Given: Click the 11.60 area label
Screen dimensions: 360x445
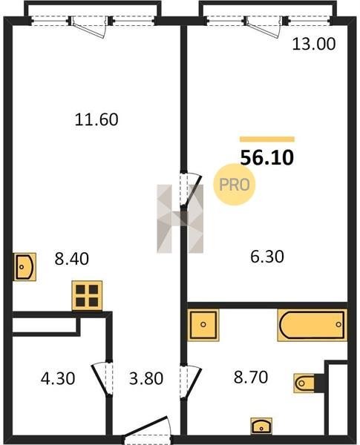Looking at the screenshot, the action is pyautogui.click(x=96, y=119).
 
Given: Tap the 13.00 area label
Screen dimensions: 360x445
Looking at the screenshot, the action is pyautogui.click(x=314, y=44).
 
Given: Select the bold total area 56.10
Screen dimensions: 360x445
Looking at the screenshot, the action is pyautogui.click(x=266, y=158).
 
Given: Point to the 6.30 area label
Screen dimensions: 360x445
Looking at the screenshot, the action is pyautogui.click(x=267, y=257).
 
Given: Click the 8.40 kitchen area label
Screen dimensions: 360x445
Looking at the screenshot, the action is pyautogui.click(x=71, y=259).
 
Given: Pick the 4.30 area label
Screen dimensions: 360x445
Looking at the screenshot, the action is pyautogui.click(x=58, y=378).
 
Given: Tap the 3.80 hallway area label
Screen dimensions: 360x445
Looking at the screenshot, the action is pyautogui.click(x=146, y=378).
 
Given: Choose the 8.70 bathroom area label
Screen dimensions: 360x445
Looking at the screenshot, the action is pyautogui.click(x=251, y=378).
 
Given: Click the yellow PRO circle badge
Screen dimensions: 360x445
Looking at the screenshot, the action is pyautogui.click(x=235, y=185).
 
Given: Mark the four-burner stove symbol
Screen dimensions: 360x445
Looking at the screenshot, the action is pyautogui.click(x=87, y=295).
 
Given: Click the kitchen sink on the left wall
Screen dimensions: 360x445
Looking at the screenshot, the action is pyautogui.click(x=24, y=267).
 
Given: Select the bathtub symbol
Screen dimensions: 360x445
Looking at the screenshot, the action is pyautogui.click(x=312, y=325).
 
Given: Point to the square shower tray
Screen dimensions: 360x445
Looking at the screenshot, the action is pyautogui.click(x=203, y=325).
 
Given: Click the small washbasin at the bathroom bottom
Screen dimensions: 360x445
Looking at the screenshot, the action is pyautogui.click(x=261, y=426).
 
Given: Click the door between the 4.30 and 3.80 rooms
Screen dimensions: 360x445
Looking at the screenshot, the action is pyautogui.click(x=102, y=378).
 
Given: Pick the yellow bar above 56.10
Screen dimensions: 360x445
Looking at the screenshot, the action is pyautogui.click(x=267, y=139).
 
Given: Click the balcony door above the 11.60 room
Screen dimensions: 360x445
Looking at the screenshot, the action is pyautogui.click(x=90, y=27).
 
